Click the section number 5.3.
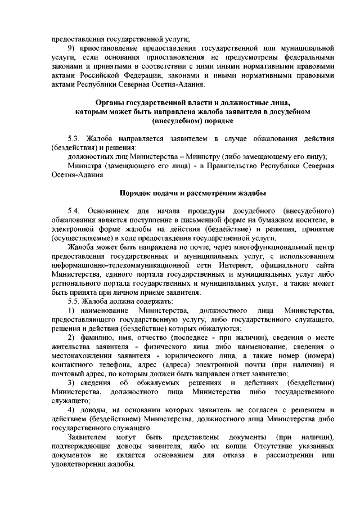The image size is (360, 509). [74, 138]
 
